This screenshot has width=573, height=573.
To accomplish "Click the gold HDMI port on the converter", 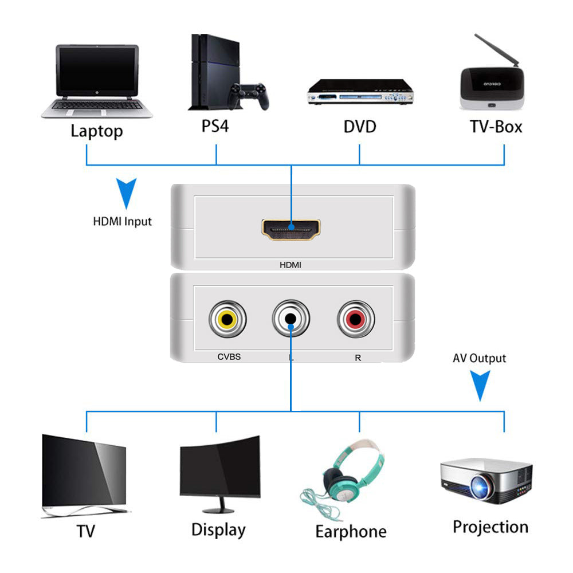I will (x=291, y=229).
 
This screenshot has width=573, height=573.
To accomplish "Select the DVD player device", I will (x=359, y=92).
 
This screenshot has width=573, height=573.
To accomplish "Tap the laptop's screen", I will (x=97, y=71).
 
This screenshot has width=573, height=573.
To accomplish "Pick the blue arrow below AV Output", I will (x=480, y=385).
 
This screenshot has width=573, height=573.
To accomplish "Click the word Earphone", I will (x=351, y=531).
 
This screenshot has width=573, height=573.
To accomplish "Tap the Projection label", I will (x=490, y=527).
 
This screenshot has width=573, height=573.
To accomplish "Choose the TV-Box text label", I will (x=496, y=126).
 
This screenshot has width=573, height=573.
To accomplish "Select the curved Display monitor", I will (x=220, y=473).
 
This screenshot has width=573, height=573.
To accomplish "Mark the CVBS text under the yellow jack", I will (x=229, y=357).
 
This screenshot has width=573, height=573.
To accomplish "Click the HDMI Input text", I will (x=123, y=221).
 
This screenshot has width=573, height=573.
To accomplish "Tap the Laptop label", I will (x=97, y=131).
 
